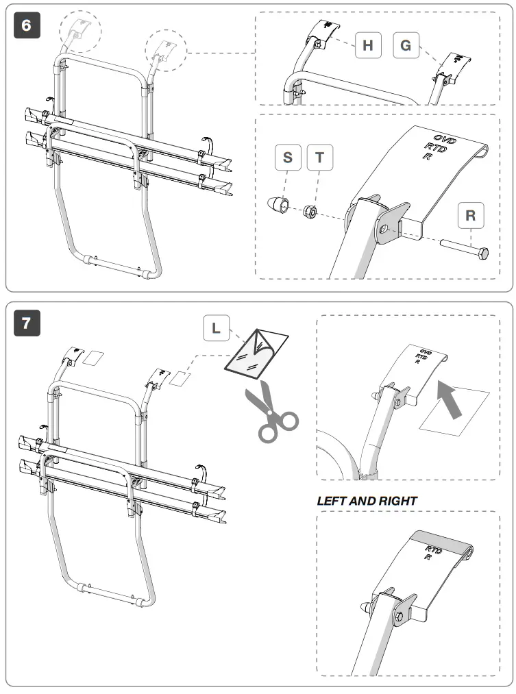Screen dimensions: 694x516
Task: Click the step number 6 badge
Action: tap(27, 25)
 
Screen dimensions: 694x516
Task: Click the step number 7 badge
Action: tap(27, 323)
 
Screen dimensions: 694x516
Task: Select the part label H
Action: tap(368, 46)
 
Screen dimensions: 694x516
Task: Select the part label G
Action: tap(406, 46)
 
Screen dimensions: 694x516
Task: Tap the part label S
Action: tap(287, 158)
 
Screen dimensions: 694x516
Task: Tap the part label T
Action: tap(319, 158)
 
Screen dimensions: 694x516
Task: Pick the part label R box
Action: tap(470, 215)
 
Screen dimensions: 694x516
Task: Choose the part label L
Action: tap(217, 328)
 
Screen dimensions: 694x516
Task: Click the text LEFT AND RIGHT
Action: tap(367, 501)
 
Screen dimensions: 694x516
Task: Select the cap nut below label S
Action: tap(277, 204)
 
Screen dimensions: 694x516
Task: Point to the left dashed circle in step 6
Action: tap(79, 32)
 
